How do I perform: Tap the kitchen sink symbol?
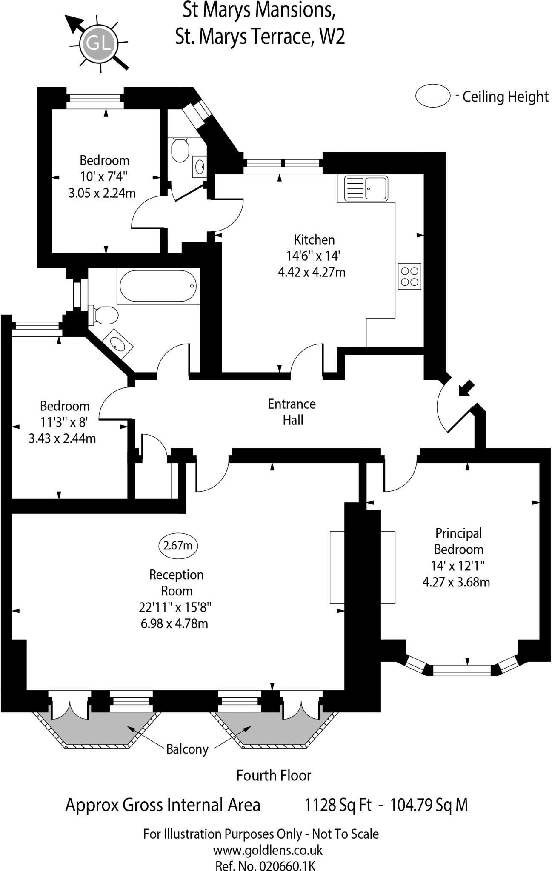366,188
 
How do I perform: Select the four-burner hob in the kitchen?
409,276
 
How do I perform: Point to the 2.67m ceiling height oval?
178,545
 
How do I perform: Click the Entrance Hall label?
292,412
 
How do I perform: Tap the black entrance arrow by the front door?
466,388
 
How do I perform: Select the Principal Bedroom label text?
458,541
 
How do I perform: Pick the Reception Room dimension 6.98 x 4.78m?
174,624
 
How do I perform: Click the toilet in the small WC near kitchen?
180,149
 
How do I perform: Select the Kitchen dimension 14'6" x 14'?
314,256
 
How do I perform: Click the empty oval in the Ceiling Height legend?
433,97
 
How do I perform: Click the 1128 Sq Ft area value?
338,805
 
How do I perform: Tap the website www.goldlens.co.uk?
268,851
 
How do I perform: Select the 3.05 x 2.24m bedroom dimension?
102,193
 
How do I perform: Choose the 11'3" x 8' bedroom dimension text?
64,422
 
